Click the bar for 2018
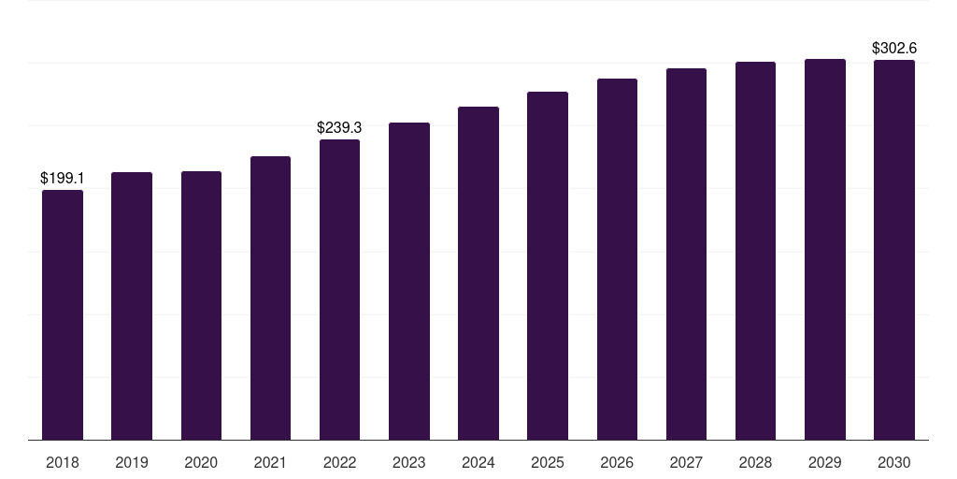tap(63, 314)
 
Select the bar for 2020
tap(202, 306)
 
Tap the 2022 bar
tap(339, 290)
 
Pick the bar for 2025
tap(548, 266)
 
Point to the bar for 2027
tap(686, 254)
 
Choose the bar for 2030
tap(894, 250)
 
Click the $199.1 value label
tap(63, 178)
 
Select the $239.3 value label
tap(339, 127)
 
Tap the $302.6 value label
tap(894, 48)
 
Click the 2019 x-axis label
tap(132, 462)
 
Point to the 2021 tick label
tap(270, 462)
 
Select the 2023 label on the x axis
tap(409, 462)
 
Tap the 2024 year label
tap(478, 462)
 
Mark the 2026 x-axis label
tap(617, 462)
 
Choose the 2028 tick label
tap(755, 462)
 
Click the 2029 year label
tap(825, 462)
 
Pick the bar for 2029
tap(825, 249)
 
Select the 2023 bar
tap(409, 281)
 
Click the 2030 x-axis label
tap(894, 462)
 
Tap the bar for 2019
tap(132, 306)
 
